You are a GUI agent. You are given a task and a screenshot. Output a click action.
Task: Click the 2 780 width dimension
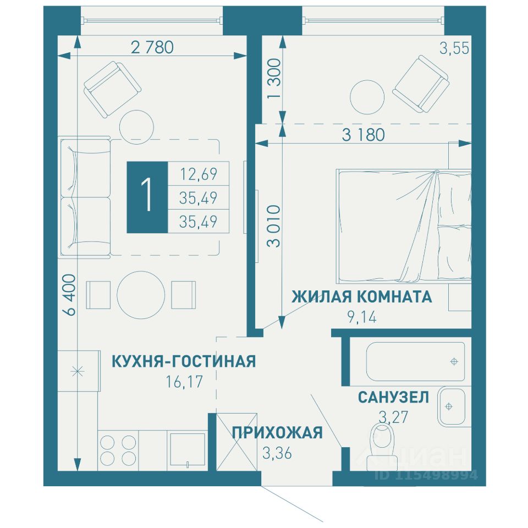pyautogui.click(x=152, y=47)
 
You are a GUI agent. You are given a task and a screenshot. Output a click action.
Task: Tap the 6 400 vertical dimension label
pyautogui.click(x=70, y=295)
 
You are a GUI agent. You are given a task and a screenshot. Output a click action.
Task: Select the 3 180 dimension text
pyautogui.click(x=363, y=135)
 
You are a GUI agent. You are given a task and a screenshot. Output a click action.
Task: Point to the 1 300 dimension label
pyautogui.click(x=274, y=79)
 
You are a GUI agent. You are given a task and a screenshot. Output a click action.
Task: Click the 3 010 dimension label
pyautogui.click(x=273, y=226)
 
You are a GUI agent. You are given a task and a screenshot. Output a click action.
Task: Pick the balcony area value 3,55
pyautogui.click(x=454, y=48)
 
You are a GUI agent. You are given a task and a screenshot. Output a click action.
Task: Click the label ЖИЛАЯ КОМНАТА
pyautogui.click(x=362, y=296)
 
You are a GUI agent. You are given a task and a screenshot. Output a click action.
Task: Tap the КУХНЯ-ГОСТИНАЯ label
pyautogui.click(x=184, y=361)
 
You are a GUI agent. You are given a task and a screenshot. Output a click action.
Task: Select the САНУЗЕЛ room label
pyautogui.click(x=393, y=397)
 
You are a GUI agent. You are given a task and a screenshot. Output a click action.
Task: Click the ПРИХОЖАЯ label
pyautogui.click(x=277, y=433)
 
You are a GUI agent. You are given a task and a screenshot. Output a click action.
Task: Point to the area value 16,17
pyautogui.click(x=184, y=382)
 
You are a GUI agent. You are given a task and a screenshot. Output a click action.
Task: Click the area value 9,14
pyautogui.click(x=362, y=317)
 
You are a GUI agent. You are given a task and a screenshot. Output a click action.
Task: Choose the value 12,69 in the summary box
pyautogui.click(x=199, y=174)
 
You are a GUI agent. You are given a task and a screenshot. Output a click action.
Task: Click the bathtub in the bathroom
pyautogui.click(x=416, y=361)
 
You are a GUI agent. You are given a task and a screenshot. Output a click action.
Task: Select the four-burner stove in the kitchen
pyautogui.click(x=118, y=450)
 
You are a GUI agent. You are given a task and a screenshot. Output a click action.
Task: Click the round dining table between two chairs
pyautogui.click(x=141, y=295)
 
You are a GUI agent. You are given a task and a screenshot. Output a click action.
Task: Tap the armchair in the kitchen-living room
pyautogui.click(x=112, y=89)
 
